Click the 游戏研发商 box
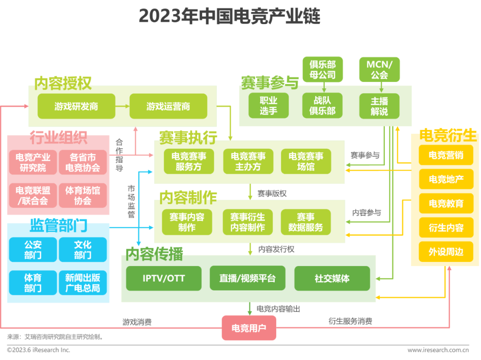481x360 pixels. click(76, 106)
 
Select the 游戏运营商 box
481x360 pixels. click(168, 106)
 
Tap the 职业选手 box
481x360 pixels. click(268, 106)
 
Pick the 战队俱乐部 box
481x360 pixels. click(322, 106)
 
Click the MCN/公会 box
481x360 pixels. click(379, 70)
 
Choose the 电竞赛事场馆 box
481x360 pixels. click(306, 161)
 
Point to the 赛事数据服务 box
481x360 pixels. click(306, 222)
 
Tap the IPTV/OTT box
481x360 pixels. click(163, 278)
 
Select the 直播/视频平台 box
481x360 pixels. click(247, 278)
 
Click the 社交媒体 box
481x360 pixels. click(332, 278)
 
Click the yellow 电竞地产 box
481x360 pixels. click(446, 179)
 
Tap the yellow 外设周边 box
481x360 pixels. click(446, 252)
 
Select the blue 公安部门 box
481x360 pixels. click(33, 250)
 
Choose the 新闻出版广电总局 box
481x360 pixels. click(83, 283)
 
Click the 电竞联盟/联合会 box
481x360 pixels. click(33, 196)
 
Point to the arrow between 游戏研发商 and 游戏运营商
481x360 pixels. click(122, 106)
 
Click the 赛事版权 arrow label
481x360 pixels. click(272, 193)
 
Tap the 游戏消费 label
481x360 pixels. click(137, 322)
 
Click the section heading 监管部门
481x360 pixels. click(58, 225)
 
